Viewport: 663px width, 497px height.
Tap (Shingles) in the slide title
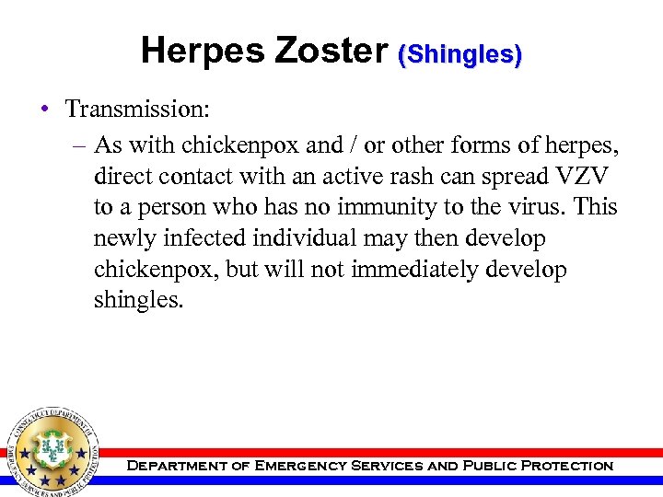[459, 54]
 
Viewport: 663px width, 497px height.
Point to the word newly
[123, 238]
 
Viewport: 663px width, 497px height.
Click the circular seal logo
[52, 448]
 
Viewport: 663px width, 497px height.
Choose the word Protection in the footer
[567, 466]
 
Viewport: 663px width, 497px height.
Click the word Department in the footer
[175, 466]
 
